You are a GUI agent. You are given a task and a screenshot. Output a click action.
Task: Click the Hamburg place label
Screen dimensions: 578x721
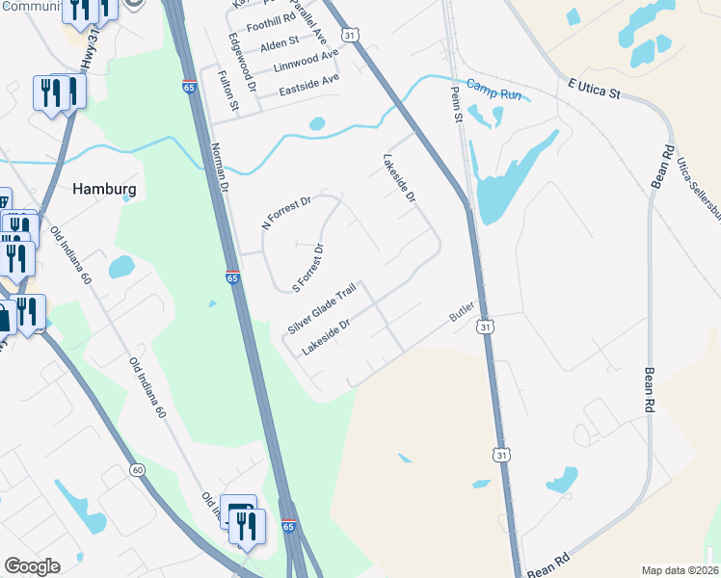tap(104, 190)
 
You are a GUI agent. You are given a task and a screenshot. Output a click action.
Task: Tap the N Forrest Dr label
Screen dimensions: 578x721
tap(287, 213)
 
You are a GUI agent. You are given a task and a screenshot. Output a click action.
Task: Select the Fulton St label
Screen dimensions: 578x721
tap(229, 92)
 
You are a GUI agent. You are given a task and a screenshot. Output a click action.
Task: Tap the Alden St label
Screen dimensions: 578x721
tap(280, 43)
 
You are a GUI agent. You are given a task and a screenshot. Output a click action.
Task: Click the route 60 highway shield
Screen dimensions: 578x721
tap(139, 470)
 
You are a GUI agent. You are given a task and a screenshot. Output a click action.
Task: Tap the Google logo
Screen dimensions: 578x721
tap(32, 566)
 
